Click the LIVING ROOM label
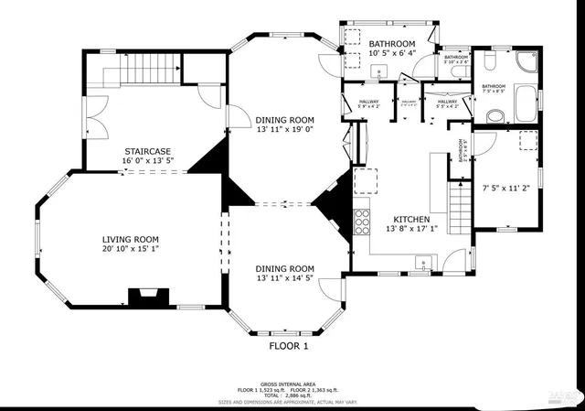130,238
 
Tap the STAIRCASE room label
148,151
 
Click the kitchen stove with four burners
362,222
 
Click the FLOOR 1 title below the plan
289,346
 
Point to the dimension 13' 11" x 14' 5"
290,278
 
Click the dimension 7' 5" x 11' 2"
506,190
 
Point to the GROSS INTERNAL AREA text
287,384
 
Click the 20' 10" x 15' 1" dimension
130,248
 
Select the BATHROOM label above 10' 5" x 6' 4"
392,44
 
